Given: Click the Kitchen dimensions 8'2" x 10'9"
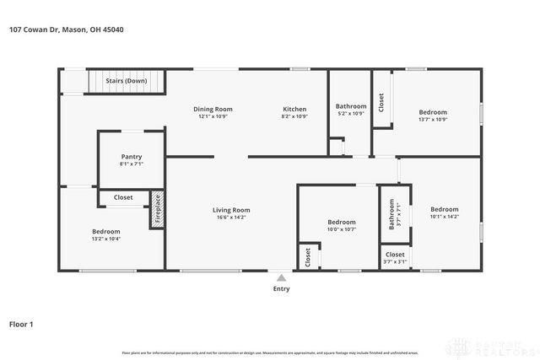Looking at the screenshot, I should coord(294,116).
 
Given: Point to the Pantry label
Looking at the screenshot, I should coord(131,156).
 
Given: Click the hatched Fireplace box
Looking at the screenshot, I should coord(155,211).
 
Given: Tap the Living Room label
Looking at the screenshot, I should coord(230,210).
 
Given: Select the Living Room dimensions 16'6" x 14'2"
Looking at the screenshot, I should coord(230,218).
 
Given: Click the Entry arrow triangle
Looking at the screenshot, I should coord(281,277).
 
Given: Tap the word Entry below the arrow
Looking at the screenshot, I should coord(281,288).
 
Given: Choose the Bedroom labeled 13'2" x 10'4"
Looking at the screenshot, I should coord(105,232).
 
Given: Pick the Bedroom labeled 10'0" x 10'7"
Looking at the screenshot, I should coord(342,222).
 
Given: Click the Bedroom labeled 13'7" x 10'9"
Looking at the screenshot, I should coord(433,112).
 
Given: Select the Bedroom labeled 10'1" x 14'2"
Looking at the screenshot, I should coord(444,209).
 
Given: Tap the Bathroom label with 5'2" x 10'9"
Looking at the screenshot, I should coord(350,106).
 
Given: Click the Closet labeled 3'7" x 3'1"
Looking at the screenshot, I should coord(394,254).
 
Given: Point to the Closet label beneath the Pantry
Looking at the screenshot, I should coord(122,197).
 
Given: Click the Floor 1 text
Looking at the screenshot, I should coord(21,323).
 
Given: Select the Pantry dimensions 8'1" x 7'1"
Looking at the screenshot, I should coord(131,164).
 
